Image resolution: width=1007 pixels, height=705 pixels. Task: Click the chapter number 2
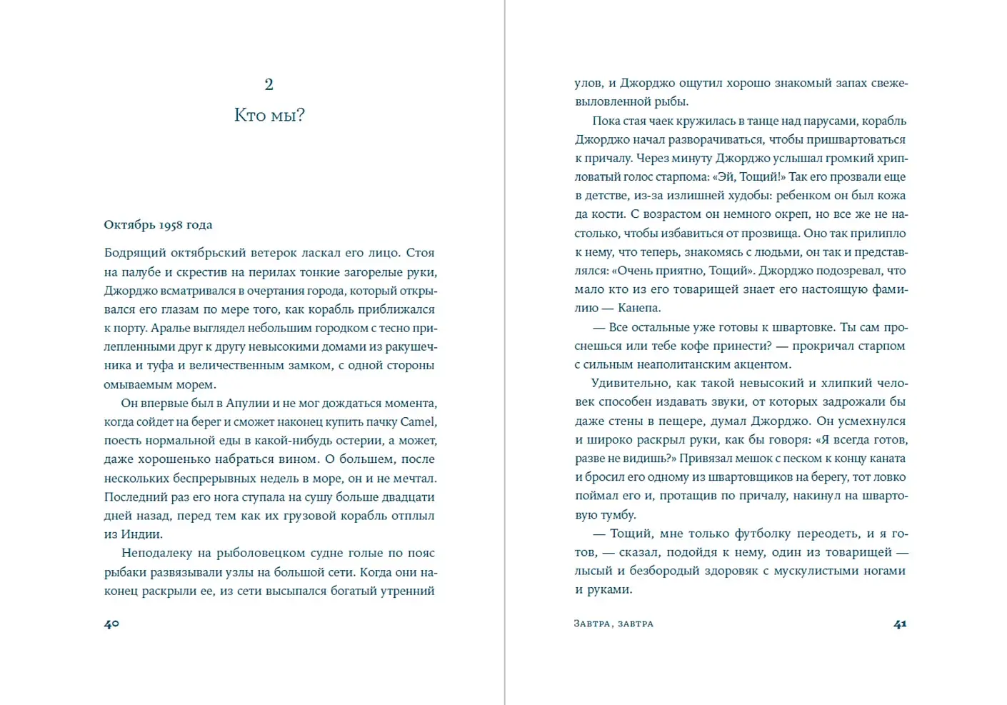[269, 84]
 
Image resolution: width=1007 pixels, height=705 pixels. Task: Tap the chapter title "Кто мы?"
[269, 115]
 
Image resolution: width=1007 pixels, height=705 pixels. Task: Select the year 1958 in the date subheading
[171, 225]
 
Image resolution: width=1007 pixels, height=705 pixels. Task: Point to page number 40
[111, 624]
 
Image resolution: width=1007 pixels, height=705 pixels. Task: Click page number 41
[900, 624]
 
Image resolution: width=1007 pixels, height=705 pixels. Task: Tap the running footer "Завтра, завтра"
[613, 624]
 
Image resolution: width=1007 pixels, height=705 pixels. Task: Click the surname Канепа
[639, 308]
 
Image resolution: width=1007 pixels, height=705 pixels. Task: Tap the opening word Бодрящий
[134, 253]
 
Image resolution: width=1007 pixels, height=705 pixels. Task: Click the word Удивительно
[633, 383]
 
